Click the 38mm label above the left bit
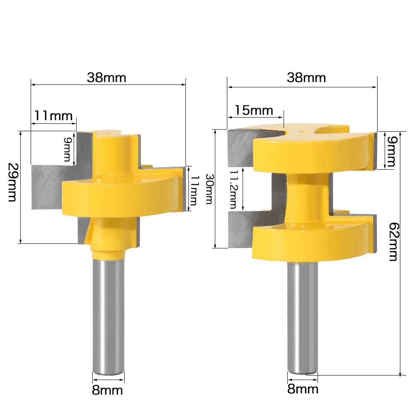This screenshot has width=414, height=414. (106, 78)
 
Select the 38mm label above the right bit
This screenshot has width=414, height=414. (306, 77)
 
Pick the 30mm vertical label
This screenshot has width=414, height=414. (208, 188)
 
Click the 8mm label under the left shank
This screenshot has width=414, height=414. (107, 390)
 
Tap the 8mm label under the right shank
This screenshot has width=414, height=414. (303, 389)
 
